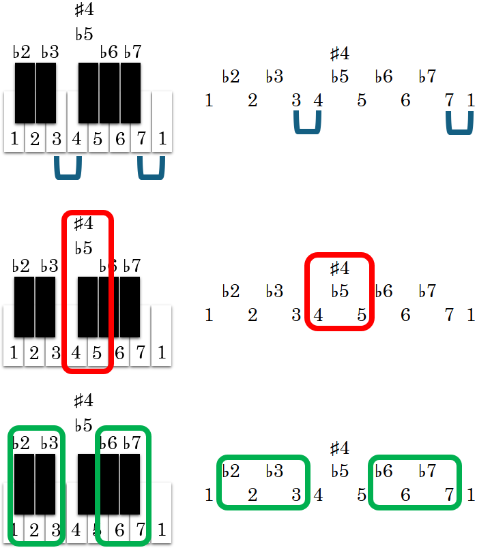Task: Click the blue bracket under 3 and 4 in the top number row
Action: (x=307, y=123)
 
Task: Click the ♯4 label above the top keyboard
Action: (x=83, y=10)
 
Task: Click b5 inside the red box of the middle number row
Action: (x=340, y=292)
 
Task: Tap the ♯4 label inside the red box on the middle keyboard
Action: (x=83, y=224)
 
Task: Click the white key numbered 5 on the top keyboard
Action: (x=98, y=140)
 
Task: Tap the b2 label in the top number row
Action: (x=231, y=76)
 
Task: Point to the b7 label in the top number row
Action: (x=427, y=76)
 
